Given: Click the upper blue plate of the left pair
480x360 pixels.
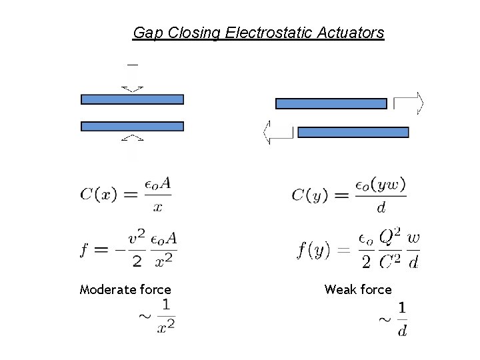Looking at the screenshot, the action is click(132, 99).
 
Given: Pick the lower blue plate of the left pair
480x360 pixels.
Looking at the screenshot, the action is click(132, 126).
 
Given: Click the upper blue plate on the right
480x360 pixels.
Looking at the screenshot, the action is click(331, 103).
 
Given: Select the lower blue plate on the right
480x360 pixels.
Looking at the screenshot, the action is click(353, 132).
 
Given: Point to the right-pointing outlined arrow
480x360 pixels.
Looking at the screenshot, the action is click(409, 103).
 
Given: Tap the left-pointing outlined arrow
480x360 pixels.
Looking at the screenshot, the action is click(279, 132).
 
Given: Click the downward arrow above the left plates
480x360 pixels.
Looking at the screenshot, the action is click(133, 79).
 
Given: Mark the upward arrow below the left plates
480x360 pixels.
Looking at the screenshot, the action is click(133, 146).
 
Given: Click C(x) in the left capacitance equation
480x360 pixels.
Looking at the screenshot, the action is click(99, 195).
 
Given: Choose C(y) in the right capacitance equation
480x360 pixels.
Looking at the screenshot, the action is click(311, 195).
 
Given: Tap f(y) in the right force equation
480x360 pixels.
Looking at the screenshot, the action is click(314, 251).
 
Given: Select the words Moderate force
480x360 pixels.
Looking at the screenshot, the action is click(125, 289).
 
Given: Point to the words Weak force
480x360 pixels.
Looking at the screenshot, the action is click(358, 289).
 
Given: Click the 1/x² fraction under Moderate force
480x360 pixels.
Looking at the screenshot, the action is click(166, 316).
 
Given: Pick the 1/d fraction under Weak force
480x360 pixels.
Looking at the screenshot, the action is click(402, 320).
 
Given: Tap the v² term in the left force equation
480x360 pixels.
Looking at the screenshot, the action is click(137, 238).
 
